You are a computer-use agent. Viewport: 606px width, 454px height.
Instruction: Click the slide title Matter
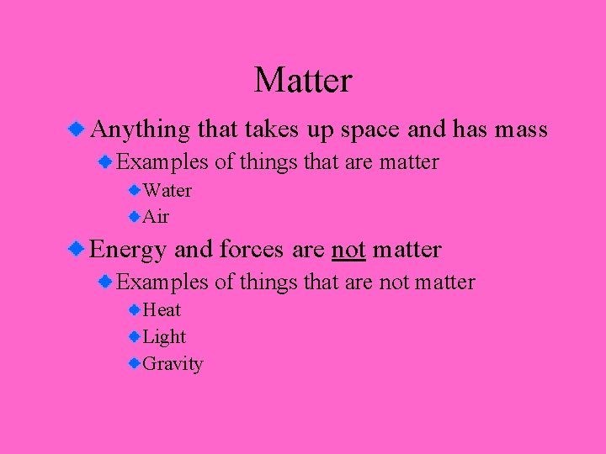tap(303, 81)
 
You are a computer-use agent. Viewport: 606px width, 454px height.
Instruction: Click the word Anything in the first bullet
tap(140, 129)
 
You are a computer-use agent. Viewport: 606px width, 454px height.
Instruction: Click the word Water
tap(167, 191)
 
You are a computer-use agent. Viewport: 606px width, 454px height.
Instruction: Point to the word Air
tap(156, 217)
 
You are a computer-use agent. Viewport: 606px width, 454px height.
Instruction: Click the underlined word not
tap(348, 250)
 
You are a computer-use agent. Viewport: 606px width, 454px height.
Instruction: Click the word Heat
tap(162, 310)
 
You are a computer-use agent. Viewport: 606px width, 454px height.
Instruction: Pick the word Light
tap(164, 337)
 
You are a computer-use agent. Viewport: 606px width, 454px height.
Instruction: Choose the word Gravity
tap(173, 364)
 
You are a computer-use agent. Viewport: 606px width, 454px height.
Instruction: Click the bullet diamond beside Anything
tap(77, 129)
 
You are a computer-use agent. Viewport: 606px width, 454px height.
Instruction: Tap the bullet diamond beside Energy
tap(77, 249)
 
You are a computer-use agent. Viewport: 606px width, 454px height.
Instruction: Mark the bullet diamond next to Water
tap(135, 190)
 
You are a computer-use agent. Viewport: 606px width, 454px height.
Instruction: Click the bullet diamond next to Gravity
tap(135, 363)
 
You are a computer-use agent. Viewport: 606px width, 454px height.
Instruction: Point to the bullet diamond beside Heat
tap(135, 309)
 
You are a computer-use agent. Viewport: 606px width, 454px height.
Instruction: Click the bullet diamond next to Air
tap(135, 216)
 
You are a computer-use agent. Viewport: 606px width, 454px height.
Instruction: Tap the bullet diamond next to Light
tap(135, 336)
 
